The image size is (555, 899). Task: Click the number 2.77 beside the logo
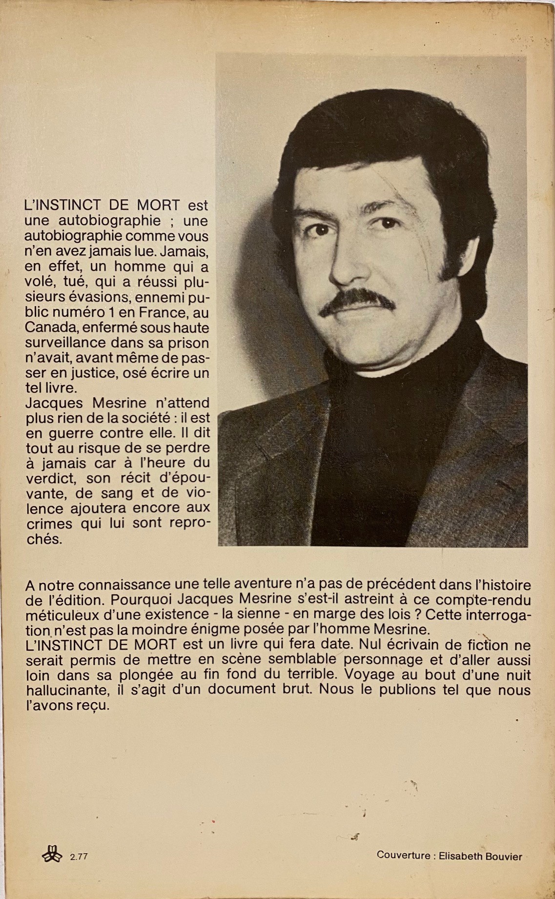pyautogui.click(x=79, y=857)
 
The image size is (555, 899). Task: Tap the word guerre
pyautogui.click(x=72, y=433)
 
